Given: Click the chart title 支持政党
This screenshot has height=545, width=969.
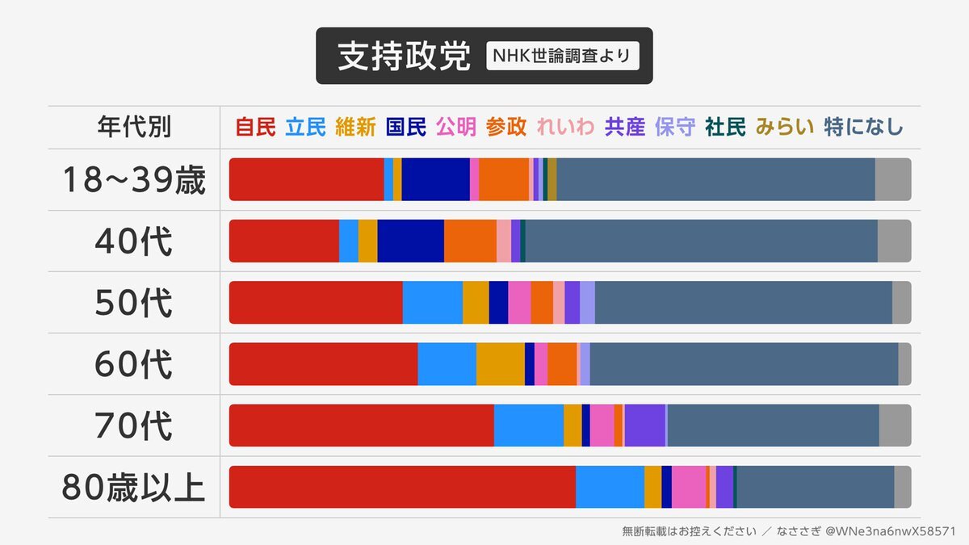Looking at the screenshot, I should [x=404, y=56].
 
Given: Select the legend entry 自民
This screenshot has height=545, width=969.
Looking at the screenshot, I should [x=255, y=127].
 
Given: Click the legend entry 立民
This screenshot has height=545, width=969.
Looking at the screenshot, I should [x=305, y=127].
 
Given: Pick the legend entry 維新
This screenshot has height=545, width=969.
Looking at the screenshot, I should [x=355, y=127].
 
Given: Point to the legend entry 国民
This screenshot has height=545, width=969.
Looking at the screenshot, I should [x=406, y=127].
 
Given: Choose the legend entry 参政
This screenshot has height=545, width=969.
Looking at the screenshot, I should [x=506, y=127].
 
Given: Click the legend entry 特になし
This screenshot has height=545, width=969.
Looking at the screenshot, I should [x=863, y=127].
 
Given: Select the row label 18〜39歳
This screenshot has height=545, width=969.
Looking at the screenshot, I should [x=134, y=180].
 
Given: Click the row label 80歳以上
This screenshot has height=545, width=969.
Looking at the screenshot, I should [x=134, y=487].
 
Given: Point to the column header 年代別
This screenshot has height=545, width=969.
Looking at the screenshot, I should [x=134, y=127].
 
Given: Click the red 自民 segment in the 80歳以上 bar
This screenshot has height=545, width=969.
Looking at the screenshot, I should [x=402, y=487].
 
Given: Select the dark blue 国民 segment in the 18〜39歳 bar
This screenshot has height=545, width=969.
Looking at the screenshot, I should [x=435, y=179].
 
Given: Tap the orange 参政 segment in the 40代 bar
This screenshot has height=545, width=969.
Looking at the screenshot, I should [x=470, y=241].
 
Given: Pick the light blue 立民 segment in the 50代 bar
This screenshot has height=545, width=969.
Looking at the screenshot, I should [x=432, y=302].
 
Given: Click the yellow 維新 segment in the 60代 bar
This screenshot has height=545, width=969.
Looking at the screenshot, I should [x=500, y=363].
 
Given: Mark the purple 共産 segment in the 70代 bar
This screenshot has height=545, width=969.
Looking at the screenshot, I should [x=644, y=426].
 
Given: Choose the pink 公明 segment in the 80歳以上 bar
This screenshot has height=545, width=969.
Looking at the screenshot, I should [x=688, y=487].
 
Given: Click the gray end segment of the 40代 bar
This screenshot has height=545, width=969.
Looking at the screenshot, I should [x=894, y=241].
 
